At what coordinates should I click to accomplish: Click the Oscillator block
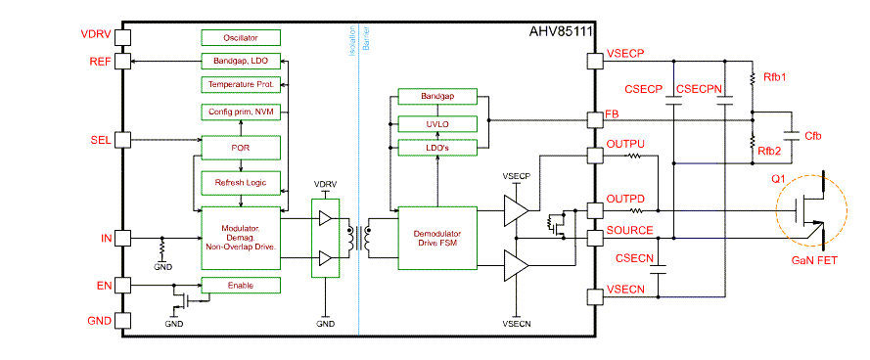point(241,37)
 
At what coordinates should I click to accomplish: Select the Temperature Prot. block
point(241,85)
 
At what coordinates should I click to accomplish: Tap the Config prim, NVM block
point(241,112)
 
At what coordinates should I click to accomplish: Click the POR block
point(241,148)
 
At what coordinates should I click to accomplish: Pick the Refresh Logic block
point(241,183)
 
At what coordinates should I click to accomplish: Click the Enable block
point(241,286)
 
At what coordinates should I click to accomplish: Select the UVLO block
point(436,122)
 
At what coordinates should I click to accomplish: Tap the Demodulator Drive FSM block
point(436,238)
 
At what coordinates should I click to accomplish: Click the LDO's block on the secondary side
point(436,147)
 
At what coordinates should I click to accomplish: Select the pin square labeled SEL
point(123,139)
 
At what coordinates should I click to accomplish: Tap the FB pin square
point(594,119)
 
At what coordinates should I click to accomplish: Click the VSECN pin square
point(594,297)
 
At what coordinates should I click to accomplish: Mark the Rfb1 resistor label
point(772,76)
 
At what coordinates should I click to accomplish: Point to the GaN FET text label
point(814,262)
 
